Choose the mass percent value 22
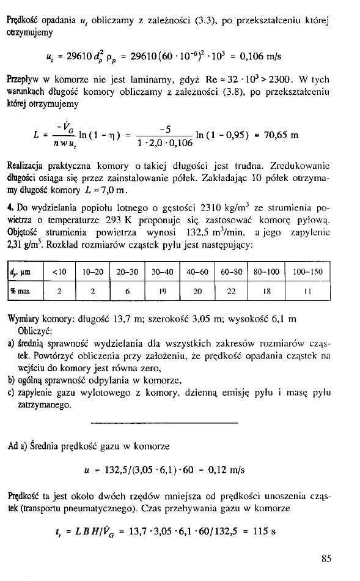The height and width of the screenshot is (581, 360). (x=232, y=291)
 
